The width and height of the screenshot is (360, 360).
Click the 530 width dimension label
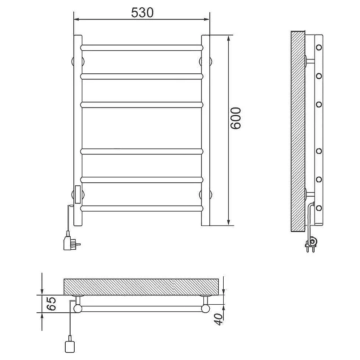pyautogui.click(x=142, y=13)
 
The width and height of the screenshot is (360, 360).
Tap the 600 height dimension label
pyautogui.click(x=236, y=118)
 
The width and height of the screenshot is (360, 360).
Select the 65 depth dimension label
pyautogui.click(x=51, y=303)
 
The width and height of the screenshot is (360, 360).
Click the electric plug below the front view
pyautogui.click(x=72, y=242)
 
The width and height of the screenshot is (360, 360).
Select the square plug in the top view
pyautogui.click(x=69, y=346)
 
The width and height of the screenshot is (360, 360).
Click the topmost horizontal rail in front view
pyautogui.click(x=142, y=48)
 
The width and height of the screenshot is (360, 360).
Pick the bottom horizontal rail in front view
pyautogui.click(x=142, y=208)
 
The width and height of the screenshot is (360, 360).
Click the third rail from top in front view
pyautogui.click(x=142, y=105)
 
